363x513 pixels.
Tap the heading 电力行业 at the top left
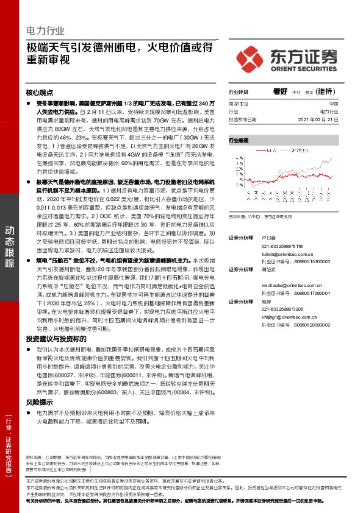pos(45,30)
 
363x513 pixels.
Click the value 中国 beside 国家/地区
pos(342,104)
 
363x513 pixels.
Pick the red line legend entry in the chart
pos(263,149)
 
